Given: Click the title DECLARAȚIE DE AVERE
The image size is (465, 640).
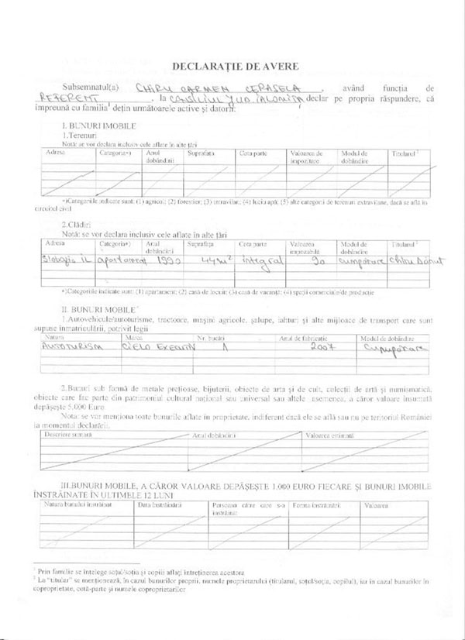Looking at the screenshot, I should [x=232, y=68].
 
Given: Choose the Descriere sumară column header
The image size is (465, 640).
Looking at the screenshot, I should [x=68, y=435].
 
